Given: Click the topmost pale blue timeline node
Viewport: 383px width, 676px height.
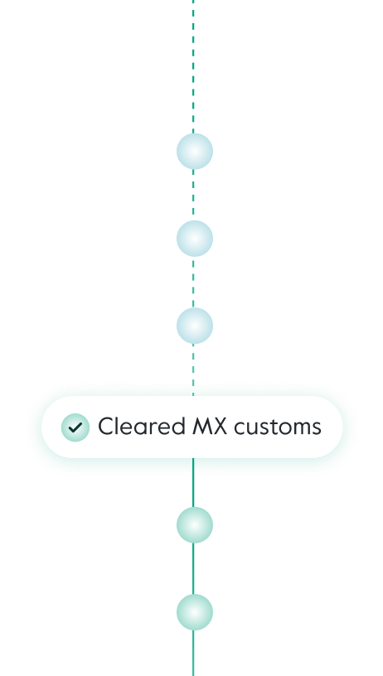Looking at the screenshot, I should (x=194, y=152).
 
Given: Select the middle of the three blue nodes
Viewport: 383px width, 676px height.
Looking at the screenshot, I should (x=194, y=239).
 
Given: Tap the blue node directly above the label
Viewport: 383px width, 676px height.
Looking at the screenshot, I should (x=194, y=326).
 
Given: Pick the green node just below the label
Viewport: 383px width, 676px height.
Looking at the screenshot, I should (x=194, y=525).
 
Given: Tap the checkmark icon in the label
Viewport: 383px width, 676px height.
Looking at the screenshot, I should (x=75, y=427).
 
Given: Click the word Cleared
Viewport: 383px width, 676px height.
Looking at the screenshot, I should (x=141, y=427).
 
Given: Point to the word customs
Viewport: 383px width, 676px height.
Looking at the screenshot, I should (x=277, y=427).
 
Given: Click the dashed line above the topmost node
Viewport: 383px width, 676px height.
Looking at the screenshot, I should (x=194, y=66).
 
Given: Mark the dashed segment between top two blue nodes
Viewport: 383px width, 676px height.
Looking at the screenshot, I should (x=194, y=196).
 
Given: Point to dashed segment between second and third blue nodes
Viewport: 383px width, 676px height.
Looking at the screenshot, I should (x=194, y=282).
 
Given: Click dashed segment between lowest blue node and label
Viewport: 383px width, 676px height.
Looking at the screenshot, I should (x=194, y=365).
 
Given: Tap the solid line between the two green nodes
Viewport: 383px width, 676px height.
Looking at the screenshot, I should (x=194, y=569).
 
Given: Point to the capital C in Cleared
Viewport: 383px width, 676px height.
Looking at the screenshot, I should (x=106, y=427).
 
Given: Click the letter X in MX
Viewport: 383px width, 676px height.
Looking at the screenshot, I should (x=220, y=427).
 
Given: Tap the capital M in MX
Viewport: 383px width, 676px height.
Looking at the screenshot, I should (x=202, y=427).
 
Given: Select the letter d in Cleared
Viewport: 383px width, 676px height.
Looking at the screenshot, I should (x=177, y=427).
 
